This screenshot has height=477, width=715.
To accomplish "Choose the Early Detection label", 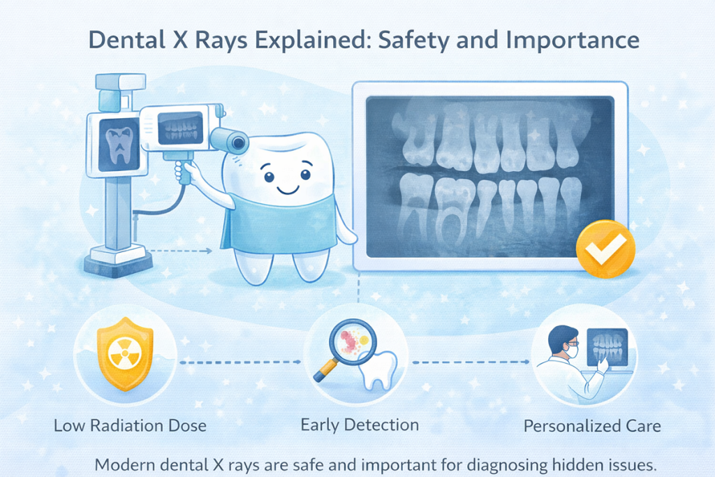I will [x=359, y=425].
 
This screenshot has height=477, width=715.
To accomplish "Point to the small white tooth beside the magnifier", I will [x=381, y=369].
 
